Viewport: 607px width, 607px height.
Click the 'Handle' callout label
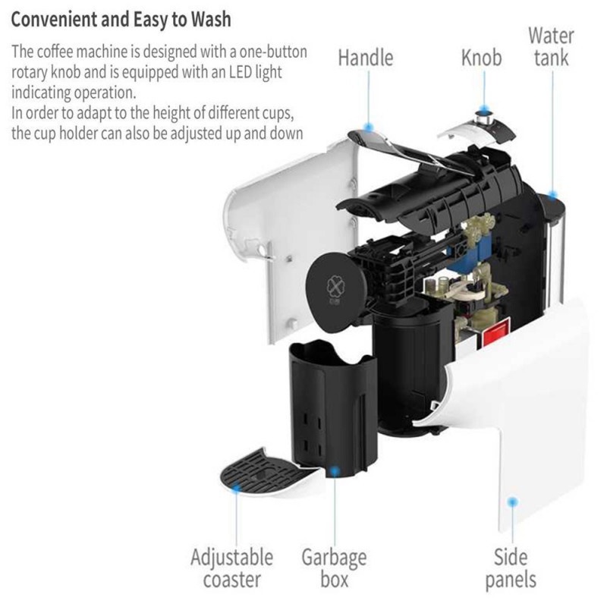[x=366, y=58]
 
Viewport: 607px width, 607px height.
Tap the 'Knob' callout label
[x=481, y=58]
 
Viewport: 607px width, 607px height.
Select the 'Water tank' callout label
[x=552, y=47]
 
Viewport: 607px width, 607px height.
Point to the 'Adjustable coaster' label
[x=232, y=568]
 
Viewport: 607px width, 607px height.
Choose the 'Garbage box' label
[x=334, y=568]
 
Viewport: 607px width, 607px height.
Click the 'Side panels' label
[x=511, y=568]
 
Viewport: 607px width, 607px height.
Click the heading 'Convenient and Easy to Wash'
[x=121, y=20]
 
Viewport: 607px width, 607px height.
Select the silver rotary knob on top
[x=485, y=118]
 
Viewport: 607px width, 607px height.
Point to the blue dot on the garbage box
[x=334, y=470]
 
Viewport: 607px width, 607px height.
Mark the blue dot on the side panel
[x=513, y=502]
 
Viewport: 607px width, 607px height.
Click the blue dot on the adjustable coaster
[x=236, y=487]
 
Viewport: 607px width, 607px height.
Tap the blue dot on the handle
[x=369, y=127]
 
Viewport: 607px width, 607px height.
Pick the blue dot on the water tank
[x=553, y=194]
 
